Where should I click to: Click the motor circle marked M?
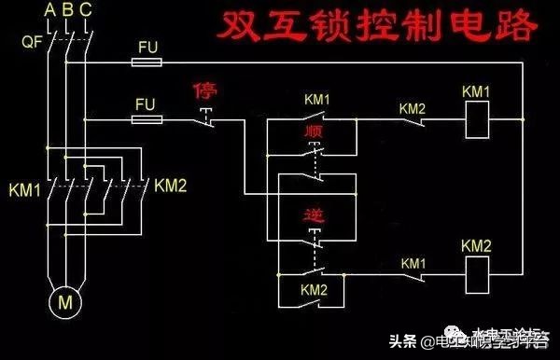(x=65, y=301)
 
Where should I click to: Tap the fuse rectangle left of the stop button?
(x=147, y=120)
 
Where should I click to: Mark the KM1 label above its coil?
(x=477, y=91)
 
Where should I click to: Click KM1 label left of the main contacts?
(x=24, y=187)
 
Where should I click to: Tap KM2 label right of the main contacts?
(x=171, y=186)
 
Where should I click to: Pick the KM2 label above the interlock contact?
(x=413, y=107)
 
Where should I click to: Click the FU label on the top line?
(x=147, y=47)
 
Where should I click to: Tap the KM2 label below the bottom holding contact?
(x=314, y=291)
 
